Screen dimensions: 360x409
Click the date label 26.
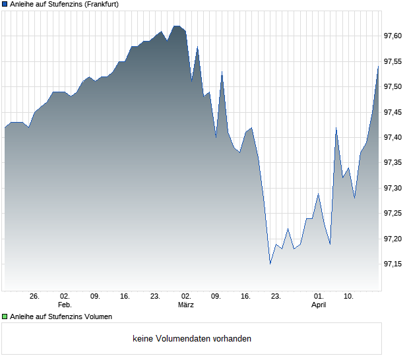tap(34, 297)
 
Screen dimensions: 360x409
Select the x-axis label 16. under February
tap(125, 297)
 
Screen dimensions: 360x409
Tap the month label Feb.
tap(65, 305)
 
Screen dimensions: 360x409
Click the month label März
tap(185, 305)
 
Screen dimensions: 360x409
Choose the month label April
tap(319, 305)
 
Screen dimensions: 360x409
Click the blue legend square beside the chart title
tap(5, 5)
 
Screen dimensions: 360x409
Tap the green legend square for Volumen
tap(5, 316)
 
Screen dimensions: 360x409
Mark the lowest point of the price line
tap(270, 264)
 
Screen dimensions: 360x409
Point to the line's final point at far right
tap(378, 67)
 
